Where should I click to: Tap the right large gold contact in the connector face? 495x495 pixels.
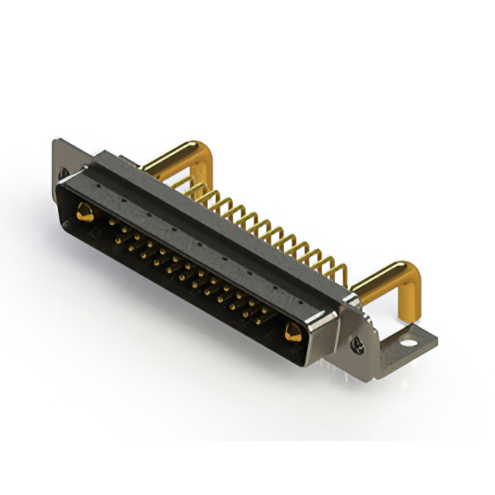point(292,333)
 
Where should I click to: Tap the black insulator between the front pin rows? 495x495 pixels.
point(186,271)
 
